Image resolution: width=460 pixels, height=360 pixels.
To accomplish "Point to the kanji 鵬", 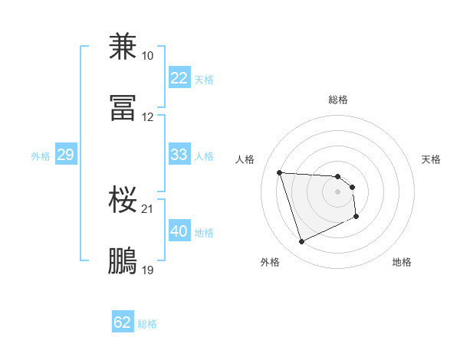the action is [x=123, y=261].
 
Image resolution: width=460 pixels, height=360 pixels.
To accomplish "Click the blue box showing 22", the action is [x=179, y=78].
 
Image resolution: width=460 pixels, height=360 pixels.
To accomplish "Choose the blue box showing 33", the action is [x=179, y=155].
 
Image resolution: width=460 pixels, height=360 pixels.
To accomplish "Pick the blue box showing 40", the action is [x=179, y=231].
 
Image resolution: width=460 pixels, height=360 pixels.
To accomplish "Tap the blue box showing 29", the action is [x=65, y=155].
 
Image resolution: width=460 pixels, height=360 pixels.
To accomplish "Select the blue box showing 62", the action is [x=123, y=322].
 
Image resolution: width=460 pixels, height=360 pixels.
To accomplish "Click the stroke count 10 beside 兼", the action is [x=147, y=56].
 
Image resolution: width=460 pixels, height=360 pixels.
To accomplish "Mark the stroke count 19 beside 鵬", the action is [x=147, y=270].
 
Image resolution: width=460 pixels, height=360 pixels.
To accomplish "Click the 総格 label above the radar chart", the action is [x=338, y=100].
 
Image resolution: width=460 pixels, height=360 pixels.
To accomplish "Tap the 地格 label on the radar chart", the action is [x=402, y=262].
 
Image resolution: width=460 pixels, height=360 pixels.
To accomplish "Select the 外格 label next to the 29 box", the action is [x=41, y=156].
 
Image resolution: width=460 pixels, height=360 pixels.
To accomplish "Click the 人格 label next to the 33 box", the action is [x=203, y=156].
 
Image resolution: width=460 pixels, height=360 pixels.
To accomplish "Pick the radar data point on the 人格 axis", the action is [x=280, y=172].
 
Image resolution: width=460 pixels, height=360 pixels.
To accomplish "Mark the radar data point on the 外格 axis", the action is [x=301, y=242].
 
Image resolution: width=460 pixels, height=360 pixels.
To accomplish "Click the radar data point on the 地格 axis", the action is [x=356, y=217].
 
